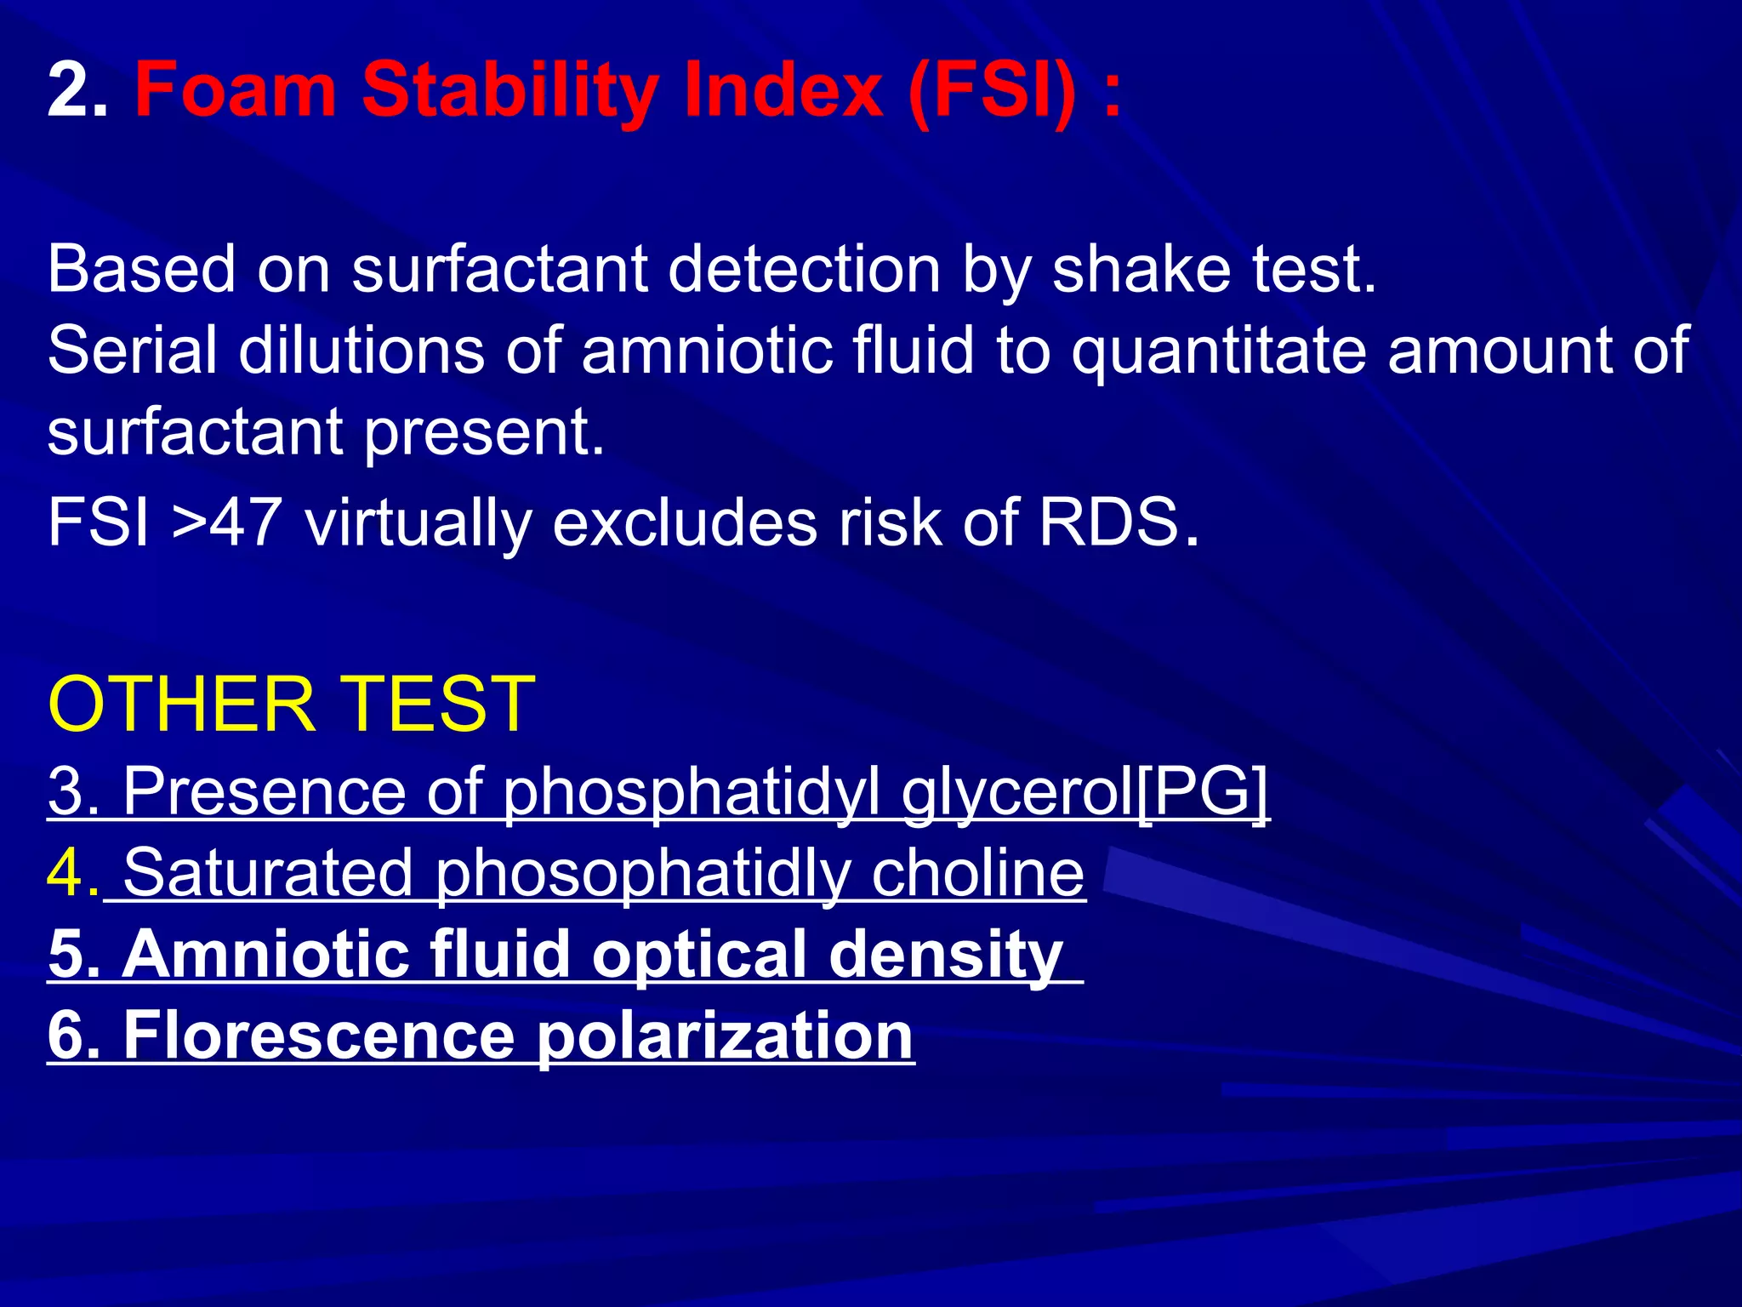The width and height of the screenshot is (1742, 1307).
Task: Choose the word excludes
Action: (x=685, y=522)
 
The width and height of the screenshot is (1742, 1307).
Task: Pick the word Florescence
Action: (x=319, y=1036)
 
